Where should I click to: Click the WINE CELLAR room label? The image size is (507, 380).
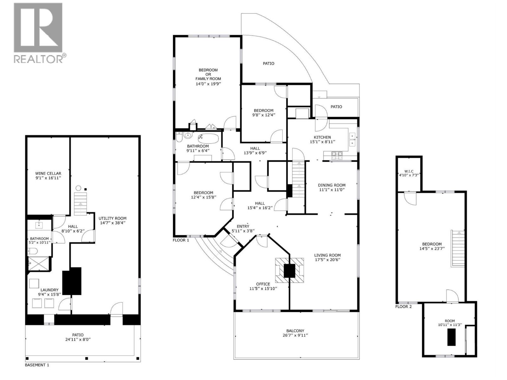48,174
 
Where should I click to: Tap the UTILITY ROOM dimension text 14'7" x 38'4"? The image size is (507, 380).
112,223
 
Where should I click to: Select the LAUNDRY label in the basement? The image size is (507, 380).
49,290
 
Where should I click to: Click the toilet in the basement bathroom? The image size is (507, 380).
33,252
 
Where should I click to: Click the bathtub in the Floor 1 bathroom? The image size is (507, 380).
208,138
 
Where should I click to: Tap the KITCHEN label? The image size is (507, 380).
322,137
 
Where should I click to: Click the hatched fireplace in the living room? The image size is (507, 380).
289,270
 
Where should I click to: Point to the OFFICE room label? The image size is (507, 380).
263,284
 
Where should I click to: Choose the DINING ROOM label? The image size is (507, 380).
331,185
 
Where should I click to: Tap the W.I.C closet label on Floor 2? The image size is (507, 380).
409,171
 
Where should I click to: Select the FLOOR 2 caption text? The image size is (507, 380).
403,307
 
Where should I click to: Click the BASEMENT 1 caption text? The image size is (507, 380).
37,365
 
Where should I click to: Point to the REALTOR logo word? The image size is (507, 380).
38,59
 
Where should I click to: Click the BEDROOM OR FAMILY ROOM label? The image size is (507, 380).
208,74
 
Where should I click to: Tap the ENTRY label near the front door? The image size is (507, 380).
243,226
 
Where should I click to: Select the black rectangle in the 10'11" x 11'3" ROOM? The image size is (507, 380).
451,337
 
